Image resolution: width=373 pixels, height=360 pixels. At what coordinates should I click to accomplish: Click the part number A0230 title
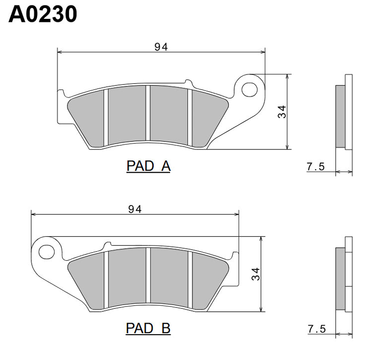pos(43,14)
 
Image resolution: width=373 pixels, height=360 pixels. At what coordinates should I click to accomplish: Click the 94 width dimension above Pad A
pos(161,47)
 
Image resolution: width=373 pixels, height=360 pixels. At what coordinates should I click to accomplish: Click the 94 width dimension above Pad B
pos(134,209)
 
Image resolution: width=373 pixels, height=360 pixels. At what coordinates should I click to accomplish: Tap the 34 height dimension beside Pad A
pos(282,112)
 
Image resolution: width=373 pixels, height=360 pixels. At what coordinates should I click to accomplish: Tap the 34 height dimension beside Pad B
pos(255,274)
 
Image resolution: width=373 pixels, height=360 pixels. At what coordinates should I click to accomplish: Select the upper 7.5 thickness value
pos(315,167)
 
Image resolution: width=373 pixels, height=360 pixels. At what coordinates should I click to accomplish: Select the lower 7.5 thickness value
pos(315,329)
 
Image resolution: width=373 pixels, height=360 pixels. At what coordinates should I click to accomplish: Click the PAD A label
pos(148,166)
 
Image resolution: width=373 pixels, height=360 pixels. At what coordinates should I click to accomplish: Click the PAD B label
pos(148,328)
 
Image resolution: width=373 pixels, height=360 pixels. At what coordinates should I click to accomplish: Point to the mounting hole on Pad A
pos(251,89)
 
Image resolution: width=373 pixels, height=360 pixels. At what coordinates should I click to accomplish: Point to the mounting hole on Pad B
pos(46,251)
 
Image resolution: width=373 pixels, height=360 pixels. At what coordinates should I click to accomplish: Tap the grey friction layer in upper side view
pos(341,116)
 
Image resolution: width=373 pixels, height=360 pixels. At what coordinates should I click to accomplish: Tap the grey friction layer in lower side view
pos(341,279)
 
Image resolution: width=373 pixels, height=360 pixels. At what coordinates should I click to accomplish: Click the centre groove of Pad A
pos(147,113)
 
